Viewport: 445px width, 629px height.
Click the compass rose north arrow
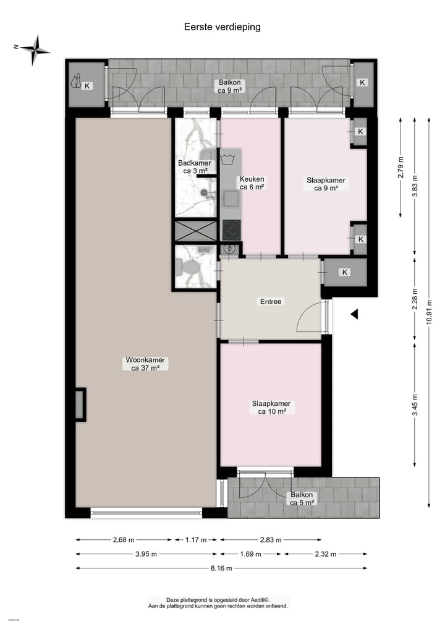(36, 50)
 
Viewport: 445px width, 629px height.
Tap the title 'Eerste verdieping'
(222, 27)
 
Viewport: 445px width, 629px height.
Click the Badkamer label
(194, 167)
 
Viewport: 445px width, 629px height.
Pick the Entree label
(270, 302)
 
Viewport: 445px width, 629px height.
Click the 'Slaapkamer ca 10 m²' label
(271, 407)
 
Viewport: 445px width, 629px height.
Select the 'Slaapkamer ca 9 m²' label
(326, 185)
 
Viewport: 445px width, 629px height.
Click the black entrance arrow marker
(354, 315)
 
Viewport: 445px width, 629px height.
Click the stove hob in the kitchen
(232, 230)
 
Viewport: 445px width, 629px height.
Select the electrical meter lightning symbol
(231, 249)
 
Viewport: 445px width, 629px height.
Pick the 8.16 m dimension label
(221, 568)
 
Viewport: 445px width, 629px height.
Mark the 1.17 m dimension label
(196, 540)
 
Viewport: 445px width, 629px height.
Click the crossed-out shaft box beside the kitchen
(195, 231)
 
